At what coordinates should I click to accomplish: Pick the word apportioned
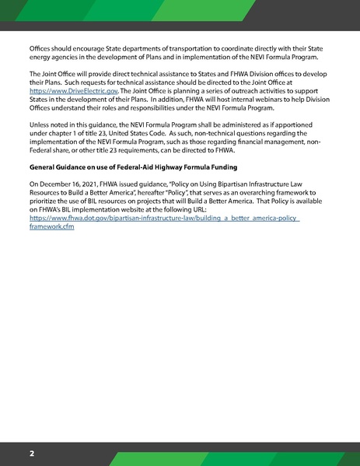[292, 145]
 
